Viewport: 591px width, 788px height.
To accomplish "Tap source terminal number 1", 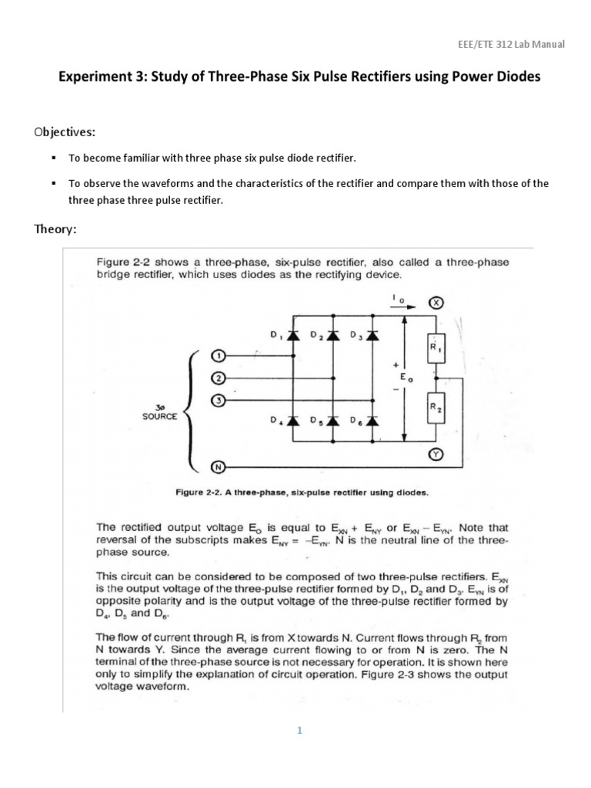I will click(217, 356).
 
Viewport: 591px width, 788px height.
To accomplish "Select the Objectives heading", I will click(64, 132).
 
